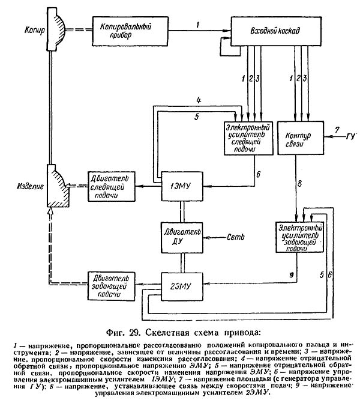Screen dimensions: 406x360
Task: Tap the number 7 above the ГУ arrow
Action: [337, 129]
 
